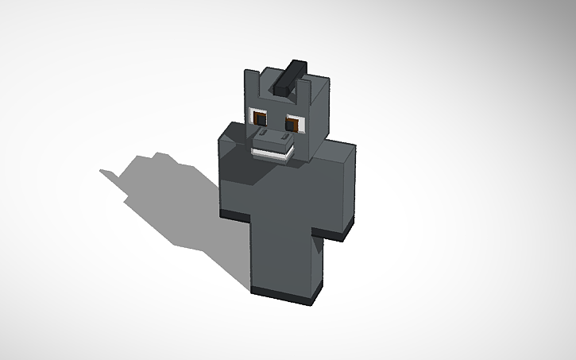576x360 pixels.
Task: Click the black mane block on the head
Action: [x=290, y=77]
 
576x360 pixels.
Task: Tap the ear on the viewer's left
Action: [x=250, y=84]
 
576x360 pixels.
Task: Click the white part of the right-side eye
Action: [x=299, y=124]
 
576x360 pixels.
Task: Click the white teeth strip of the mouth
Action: [x=270, y=154]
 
